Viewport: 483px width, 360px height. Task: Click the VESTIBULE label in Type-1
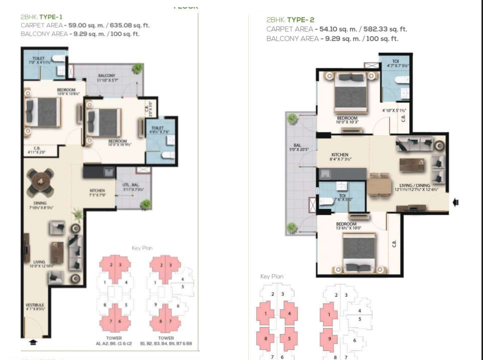click(x=36, y=307)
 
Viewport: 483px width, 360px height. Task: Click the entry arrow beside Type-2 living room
click(x=456, y=203)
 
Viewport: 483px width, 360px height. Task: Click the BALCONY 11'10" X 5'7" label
click(x=106, y=77)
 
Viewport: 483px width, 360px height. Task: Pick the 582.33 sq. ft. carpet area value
click(x=383, y=30)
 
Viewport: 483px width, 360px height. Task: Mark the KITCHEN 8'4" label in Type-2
click(x=340, y=157)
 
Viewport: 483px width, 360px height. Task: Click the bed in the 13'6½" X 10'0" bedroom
click(x=359, y=249)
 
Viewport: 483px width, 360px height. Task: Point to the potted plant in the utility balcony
click(x=145, y=205)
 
